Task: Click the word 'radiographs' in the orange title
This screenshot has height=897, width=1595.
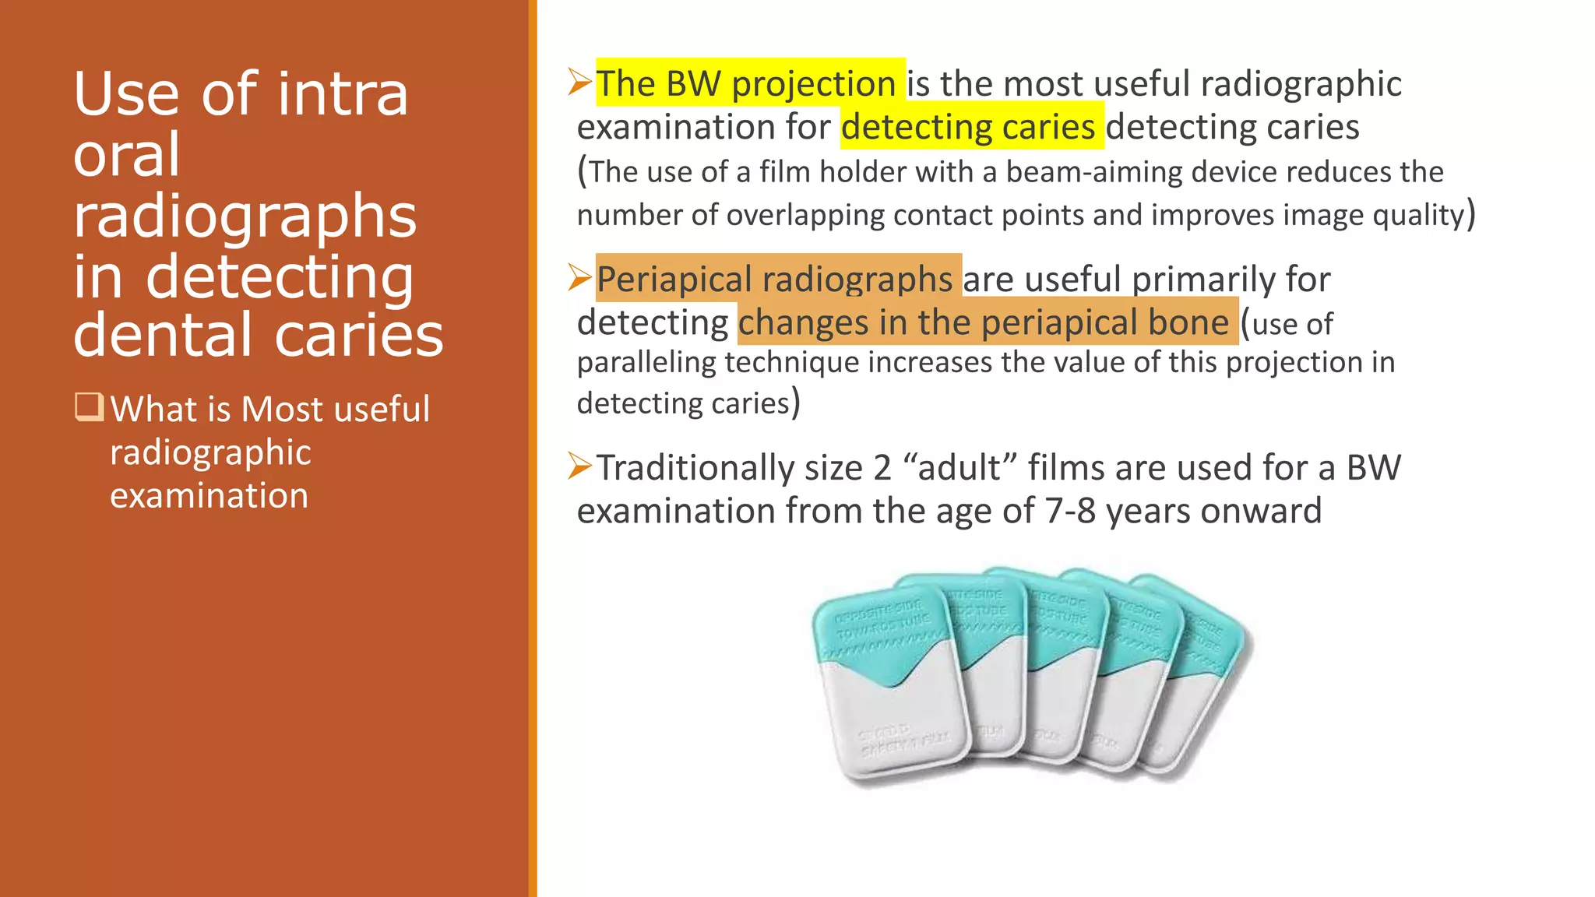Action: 245,216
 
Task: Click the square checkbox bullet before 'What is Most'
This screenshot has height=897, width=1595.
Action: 89,406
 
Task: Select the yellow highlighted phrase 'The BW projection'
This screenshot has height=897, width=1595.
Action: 747,83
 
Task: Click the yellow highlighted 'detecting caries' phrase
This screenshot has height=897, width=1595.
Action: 968,127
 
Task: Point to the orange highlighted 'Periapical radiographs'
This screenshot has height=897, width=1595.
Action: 775,279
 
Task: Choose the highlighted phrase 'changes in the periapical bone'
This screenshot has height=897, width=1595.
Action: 984,322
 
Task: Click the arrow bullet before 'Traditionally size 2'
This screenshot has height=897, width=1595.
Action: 580,466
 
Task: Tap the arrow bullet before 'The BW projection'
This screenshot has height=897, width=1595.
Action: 580,82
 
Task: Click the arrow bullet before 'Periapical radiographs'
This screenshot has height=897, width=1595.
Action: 580,277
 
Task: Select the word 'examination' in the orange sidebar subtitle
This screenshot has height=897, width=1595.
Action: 209,496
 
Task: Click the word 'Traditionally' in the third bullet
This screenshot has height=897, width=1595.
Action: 695,468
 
